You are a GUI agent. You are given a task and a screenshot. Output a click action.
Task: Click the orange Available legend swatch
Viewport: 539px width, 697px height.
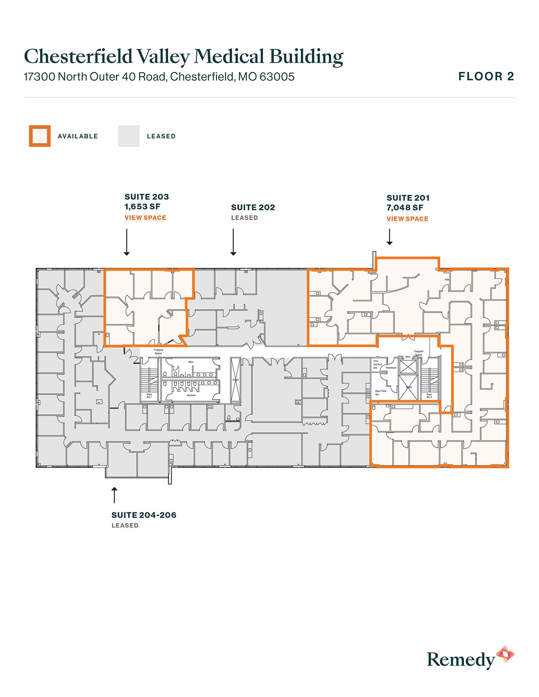point(40,136)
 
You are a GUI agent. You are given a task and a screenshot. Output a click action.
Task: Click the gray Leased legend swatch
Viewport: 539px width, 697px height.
point(129,136)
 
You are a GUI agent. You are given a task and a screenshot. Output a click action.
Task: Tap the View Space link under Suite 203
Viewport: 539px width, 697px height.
point(145,218)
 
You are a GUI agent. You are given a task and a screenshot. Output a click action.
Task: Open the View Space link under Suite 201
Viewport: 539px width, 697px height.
point(407,219)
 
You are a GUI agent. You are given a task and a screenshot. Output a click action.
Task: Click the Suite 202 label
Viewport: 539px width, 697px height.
point(253,207)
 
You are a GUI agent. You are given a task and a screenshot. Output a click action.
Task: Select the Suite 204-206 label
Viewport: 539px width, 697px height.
point(144,515)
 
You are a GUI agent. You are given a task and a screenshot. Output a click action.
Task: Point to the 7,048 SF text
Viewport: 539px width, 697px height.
point(405,207)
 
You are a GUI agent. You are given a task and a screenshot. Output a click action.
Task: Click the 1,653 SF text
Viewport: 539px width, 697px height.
point(142,207)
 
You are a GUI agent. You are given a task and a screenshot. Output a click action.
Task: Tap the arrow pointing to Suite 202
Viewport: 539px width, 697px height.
point(233,242)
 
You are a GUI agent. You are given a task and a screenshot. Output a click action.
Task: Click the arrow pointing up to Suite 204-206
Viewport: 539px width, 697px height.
point(114,495)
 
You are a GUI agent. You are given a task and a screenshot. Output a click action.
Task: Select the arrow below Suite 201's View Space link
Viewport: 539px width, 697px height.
point(389,237)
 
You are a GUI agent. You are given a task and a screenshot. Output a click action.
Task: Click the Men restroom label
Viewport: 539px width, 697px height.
point(191,362)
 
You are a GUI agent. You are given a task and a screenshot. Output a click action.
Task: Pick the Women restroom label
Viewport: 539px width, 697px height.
point(192,395)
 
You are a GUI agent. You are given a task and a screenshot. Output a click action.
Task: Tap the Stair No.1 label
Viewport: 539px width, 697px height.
point(149,396)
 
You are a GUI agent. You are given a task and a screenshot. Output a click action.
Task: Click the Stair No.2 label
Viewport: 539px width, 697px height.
point(429,396)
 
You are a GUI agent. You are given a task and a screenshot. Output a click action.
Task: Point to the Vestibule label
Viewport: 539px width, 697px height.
point(391,368)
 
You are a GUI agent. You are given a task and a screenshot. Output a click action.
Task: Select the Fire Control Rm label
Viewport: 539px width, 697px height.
point(377,365)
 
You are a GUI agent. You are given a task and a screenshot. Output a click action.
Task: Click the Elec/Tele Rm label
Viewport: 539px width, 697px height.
point(380,393)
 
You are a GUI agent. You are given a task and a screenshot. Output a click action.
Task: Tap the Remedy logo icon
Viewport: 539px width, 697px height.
point(505,655)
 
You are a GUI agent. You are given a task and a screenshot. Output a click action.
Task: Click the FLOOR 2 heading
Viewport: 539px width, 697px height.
point(486,76)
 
